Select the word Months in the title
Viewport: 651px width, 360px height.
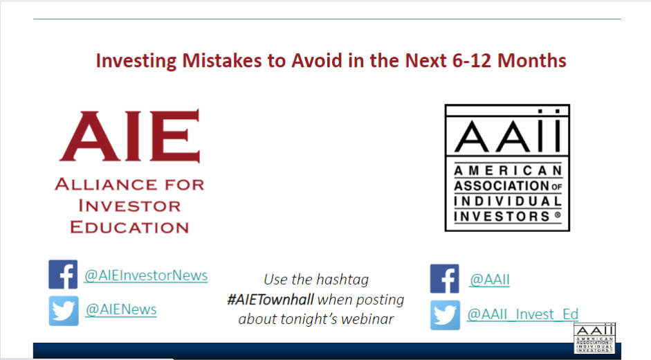[532, 61]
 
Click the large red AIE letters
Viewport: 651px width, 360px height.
[130, 136]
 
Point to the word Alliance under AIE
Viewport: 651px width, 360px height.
[105, 184]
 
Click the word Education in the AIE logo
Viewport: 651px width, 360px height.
[129, 227]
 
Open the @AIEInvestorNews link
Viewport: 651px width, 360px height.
[146, 276]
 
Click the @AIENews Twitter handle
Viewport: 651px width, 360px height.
[121, 309]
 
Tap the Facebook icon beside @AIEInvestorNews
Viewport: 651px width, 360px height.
[63, 274]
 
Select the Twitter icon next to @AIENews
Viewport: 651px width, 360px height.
[64, 311]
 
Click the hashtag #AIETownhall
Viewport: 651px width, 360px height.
[271, 299]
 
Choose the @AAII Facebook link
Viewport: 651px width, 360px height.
[490, 280]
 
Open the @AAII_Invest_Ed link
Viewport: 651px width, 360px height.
[522, 314]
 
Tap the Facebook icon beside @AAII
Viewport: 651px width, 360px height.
[445, 278]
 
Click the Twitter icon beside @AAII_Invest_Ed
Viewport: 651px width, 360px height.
[445, 315]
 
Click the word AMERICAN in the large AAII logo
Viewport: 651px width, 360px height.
[508, 170]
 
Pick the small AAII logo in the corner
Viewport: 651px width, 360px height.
[594, 339]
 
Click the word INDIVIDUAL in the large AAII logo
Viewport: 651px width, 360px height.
[508, 201]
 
